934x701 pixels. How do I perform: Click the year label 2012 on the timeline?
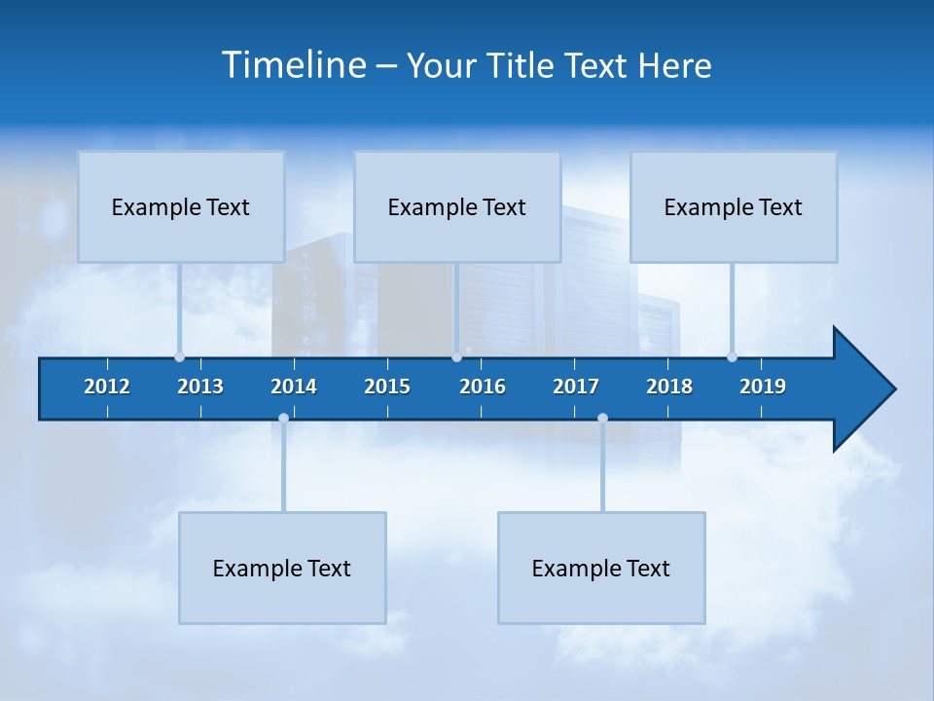[x=107, y=387]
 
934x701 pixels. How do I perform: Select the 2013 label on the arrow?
[x=200, y=387]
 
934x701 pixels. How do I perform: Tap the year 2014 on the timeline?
[x=294, y=387]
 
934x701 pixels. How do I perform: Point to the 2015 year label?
[x=387, y=387]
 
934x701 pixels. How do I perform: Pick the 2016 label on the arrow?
[x=483, y=387]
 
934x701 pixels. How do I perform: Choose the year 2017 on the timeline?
[x=576, y=387]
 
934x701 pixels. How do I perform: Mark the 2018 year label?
[x=669, y=387]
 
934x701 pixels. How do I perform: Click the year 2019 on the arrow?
[x=763, y=387]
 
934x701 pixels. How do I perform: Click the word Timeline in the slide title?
[x=294, y=65]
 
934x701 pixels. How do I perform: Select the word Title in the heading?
[x=521, y=65]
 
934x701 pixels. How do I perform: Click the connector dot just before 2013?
[x=179, y=356]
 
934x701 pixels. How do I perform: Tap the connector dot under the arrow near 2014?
[x=283, y=418]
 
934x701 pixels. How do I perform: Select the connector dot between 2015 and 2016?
[x=456, y=356]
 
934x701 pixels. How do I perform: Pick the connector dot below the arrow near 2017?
[x=602, y=418]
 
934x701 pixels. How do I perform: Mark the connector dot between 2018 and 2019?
[x=732, y=356]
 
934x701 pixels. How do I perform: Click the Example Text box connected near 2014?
[x=282, y=568]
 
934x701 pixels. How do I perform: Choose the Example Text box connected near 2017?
[x=601, y=568]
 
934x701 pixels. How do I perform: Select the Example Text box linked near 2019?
[x=734, y=206]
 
